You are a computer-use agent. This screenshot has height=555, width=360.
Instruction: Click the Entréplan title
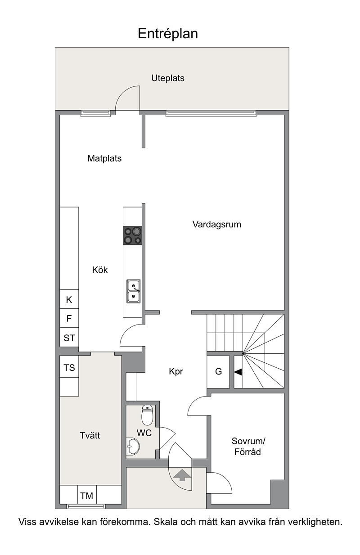(167, 34)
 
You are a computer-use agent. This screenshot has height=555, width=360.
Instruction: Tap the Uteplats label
(167, 78)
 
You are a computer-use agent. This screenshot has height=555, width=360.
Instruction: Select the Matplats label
(104, 158)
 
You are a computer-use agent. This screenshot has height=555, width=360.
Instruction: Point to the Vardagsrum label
(216, 224)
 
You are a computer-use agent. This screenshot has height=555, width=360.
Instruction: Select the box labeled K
(69, 300)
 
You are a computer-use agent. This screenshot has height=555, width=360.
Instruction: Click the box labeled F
(69, 319)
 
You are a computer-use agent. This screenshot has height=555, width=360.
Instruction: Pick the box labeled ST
(69, 338)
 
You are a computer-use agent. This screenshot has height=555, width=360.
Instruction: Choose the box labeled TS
(69, 368)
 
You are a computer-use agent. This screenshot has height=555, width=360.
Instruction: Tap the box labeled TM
(86, 496)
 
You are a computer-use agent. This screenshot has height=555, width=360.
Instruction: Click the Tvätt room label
(90, 435)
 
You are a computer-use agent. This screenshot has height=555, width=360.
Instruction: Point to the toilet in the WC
(147, 415)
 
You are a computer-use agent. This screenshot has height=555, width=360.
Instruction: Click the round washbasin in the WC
(133, 447)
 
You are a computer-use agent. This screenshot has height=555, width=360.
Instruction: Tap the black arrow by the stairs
(238, 372)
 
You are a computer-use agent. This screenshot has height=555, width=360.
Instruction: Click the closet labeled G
(219, 372)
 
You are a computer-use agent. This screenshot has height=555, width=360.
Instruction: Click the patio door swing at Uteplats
(127, 97)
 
